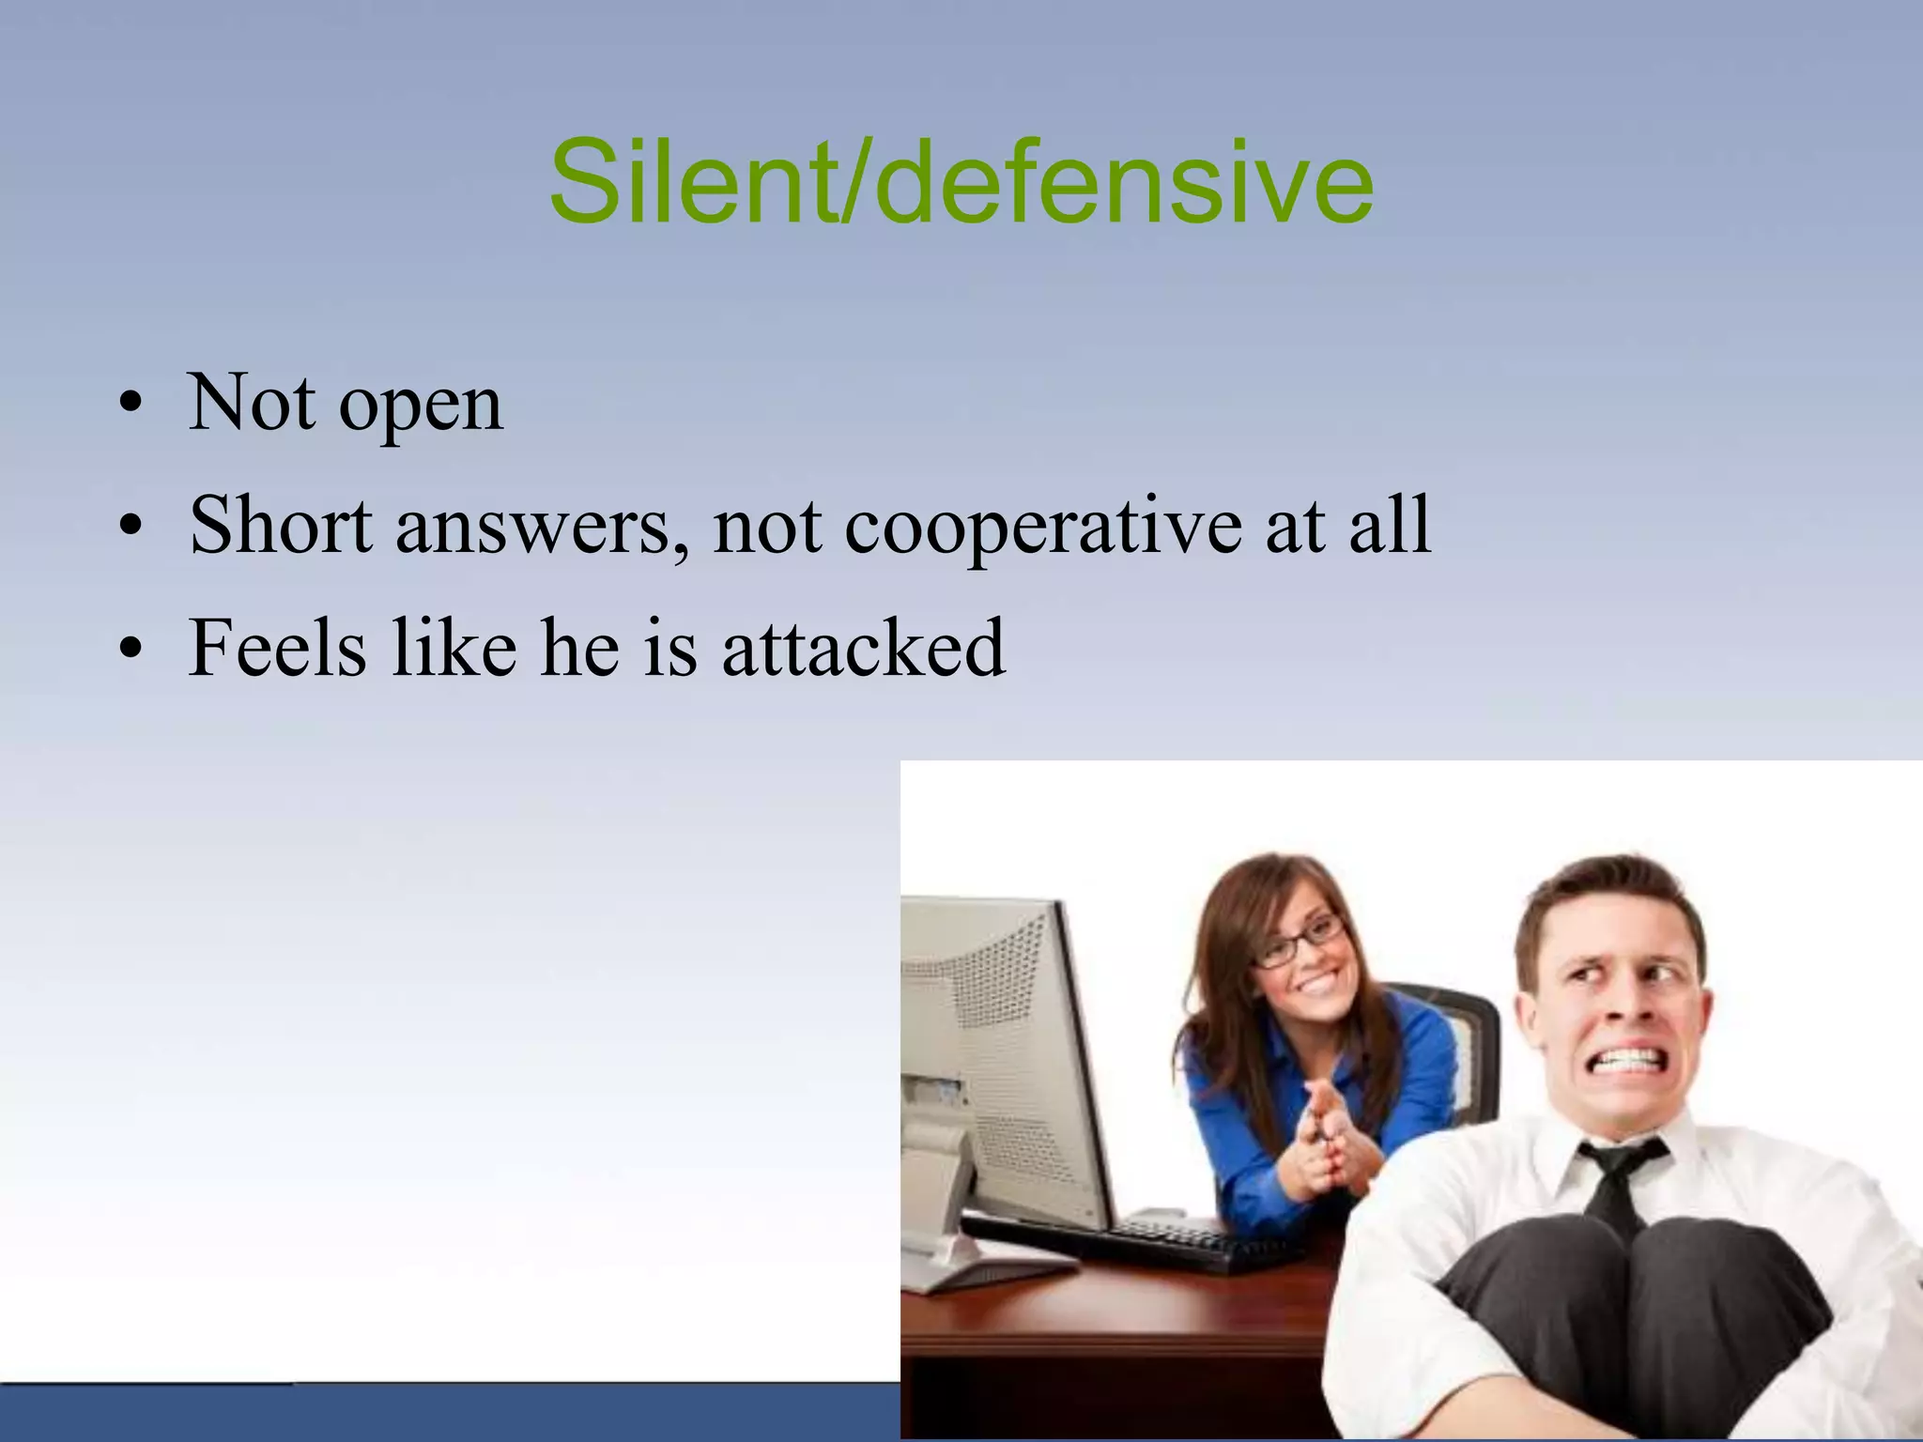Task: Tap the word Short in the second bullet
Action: pos(281,525)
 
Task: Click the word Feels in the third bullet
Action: pos(278,648)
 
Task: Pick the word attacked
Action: pos(864,648)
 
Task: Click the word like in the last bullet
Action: pos(454,648)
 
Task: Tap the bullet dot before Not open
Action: pos(131,406)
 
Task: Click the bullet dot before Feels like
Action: pos(131,650)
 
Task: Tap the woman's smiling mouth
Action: pos(1317,983)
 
